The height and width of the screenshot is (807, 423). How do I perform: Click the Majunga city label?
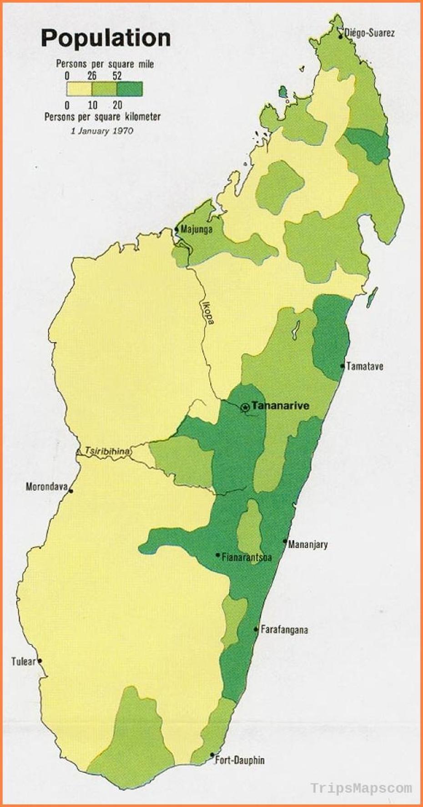pyautogui.click(x=196, y=229)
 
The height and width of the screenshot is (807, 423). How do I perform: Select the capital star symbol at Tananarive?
pyautogui.click(x=245, y=407)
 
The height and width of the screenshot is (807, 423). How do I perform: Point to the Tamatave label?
pyautogui.click(x=365, y=366)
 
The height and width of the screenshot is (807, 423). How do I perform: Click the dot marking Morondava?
pyautogui.click(x=70, y=490)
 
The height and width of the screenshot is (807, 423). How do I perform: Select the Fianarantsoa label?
pyautogui.click(x=247, y=557)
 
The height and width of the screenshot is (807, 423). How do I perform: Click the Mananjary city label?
pyautogui.click(x=307, y=544)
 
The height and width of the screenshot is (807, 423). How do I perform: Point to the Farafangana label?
pyautogui.click(x=284, y=630)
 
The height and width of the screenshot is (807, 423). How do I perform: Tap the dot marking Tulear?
pyautogui.click(x=40, y=661)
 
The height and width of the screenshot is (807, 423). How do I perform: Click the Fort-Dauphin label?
pyautogui.click(x=240, y=760)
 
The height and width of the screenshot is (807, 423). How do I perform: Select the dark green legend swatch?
pyautogui.click(x=130, y=89)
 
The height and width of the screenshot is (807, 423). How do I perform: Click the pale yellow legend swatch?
pyautogui.click(x=80, y=89)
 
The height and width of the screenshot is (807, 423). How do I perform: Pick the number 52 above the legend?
pyautogui.click(x=117, y=76)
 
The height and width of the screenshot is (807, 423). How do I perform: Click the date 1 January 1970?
pyautogui.click(x=102, y=131)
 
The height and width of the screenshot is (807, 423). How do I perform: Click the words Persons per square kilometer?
pyautogui.click(x=102, y=117)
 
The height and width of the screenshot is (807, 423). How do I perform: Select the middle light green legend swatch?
pyautogui.click(x=105, y=89)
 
